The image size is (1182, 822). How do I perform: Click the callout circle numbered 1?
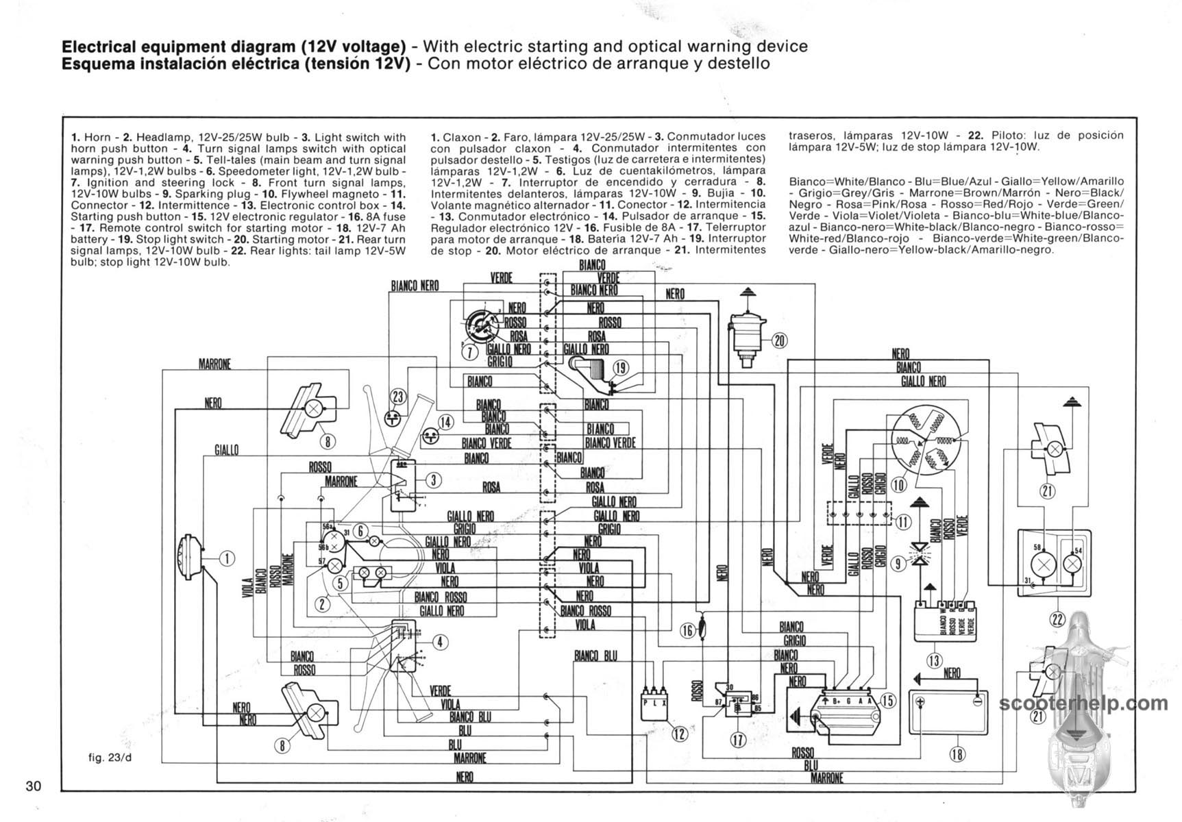[x=227, y=558]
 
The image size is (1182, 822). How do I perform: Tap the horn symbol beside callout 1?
[x=189, y=558]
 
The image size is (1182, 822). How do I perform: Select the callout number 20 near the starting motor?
[x=779, y=340]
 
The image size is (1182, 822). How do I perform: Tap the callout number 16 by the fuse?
[x=687, y=631]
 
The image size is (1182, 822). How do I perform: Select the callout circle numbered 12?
[x=679, y=734]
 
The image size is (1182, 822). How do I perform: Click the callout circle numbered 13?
[x=934, y=660]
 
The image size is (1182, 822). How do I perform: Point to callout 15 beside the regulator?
[x=887, y=701]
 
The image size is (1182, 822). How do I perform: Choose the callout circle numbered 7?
[x=469, y=352]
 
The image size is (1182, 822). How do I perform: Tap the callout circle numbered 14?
[x=445, y=422]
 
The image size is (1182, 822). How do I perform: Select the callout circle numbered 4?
[x=441, y=642]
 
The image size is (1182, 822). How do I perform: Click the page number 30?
[x=34, y=786]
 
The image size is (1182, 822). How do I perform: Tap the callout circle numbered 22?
[x=1057, y=620]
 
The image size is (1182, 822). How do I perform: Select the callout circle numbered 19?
[x=620, y=369]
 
